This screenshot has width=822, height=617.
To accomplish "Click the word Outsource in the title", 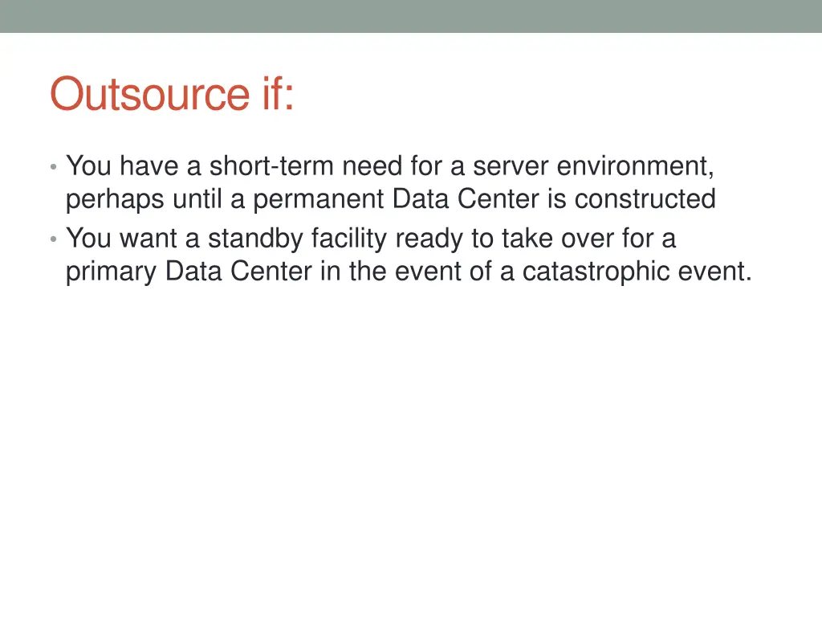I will tap(150, 94).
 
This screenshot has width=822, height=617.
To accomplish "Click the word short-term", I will tap(272, 166).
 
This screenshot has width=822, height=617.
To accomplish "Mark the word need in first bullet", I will tap(372, 166).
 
